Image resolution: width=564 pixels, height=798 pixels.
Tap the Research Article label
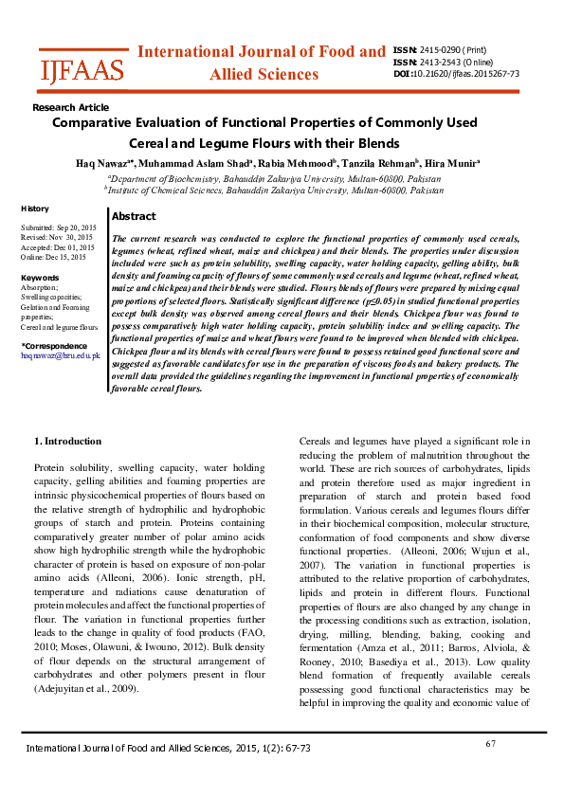[70, 108]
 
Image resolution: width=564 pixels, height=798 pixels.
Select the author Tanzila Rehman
[389, 163]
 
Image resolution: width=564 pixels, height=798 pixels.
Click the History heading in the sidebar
[35, 209]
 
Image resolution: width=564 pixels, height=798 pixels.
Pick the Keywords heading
[40, 278]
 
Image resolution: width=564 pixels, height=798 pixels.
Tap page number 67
[491, 744]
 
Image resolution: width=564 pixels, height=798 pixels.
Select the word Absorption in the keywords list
[40, 287]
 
